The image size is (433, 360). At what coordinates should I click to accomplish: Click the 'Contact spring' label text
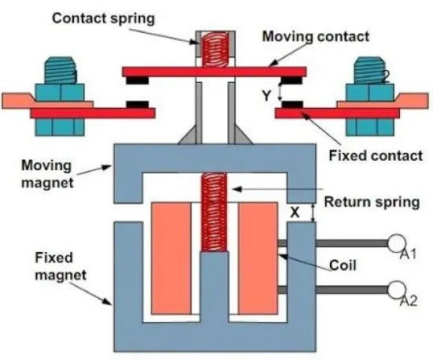(103, 19)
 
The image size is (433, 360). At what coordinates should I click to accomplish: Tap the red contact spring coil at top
(216, 50)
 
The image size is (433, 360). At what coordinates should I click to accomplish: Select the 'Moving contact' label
(316, 36)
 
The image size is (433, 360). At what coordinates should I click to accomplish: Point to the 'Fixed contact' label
(376, 156)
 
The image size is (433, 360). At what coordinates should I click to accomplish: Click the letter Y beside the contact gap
(267, 96)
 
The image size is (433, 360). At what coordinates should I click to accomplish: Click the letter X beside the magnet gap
(295, 213)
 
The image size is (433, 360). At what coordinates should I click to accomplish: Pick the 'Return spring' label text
(372, 202)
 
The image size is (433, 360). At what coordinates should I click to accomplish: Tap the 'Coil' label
(342, 265)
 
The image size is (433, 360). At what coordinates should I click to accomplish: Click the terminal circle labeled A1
(396, 243)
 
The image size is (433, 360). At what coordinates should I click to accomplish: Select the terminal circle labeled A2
(396, 290)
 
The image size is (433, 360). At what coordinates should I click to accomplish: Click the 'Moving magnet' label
(47, 174)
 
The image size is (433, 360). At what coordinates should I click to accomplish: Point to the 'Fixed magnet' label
(61, 266)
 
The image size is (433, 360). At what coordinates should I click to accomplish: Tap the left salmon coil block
(171, 258)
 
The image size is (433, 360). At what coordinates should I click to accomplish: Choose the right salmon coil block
(258, 258)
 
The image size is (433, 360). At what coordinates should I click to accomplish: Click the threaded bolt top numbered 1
(60, 70)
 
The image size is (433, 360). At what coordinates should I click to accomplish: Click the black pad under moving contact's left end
(137, 80)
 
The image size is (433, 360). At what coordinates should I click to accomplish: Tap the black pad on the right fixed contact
(292, 105)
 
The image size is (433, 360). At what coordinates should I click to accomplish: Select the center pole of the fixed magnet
(214, 288)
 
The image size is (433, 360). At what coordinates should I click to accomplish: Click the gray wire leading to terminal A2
(352, 290)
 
